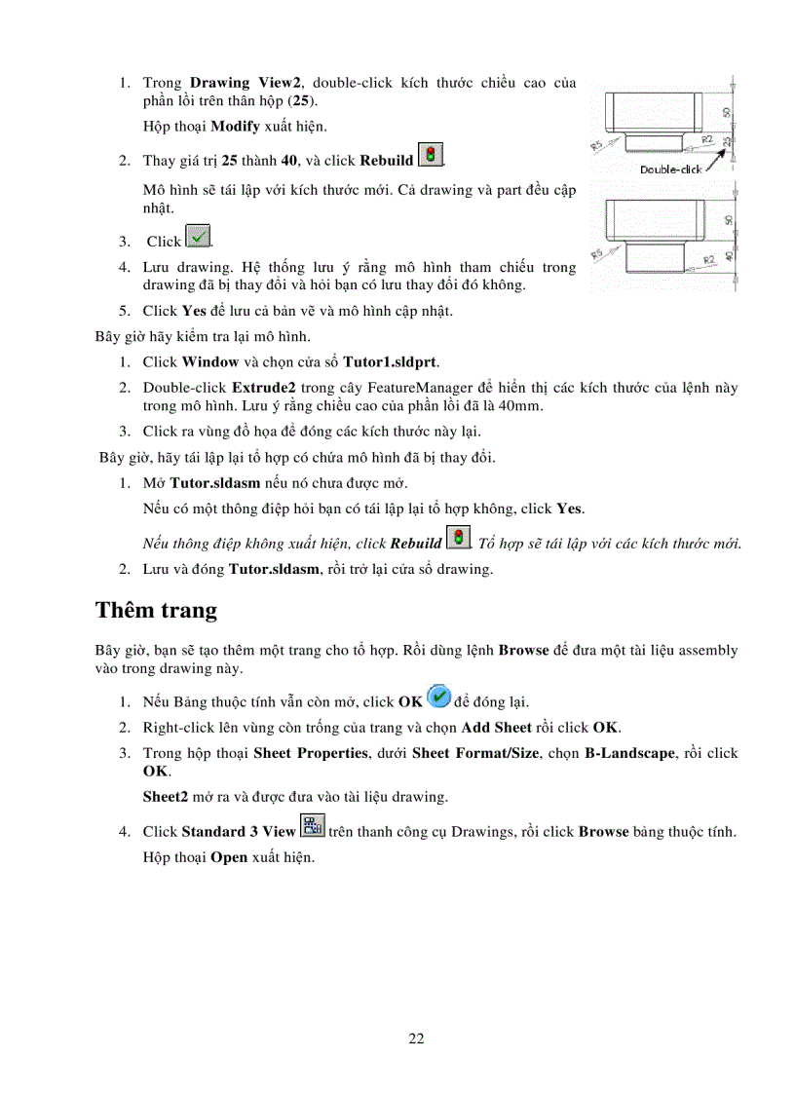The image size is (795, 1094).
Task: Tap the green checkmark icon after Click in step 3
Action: click(x=198, y=237)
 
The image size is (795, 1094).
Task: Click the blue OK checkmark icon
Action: click(x=438, y=698)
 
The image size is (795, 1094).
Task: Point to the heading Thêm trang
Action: click(x=156, y=611)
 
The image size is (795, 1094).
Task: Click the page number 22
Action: click(x=416, y=1038)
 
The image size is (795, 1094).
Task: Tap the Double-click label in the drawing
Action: click(x=670, y=169)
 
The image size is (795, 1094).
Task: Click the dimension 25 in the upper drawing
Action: click(x=725, y=143)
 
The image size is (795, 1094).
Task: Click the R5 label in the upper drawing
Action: click(x=598, y=146)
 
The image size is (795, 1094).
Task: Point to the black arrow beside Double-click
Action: click(x=716, y=159)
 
